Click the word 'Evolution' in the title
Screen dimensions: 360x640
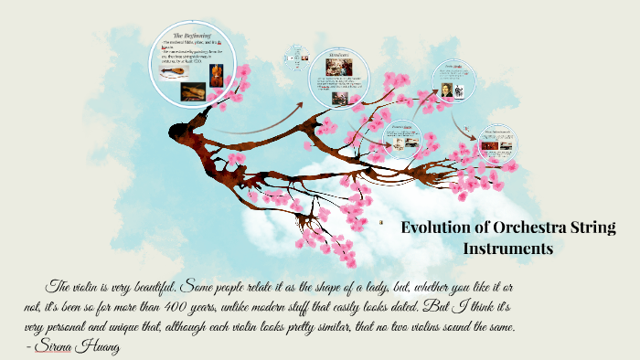pyautogui.click(x=437, y=228)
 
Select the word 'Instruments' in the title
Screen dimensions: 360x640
pyautogui.click(x=508, y=248)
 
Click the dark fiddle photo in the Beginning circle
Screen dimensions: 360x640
pyautogui.click(x=193, y=91)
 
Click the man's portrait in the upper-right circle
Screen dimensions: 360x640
pyautogui.click(x=447, y=90)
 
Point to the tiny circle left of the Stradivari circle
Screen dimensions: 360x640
pyautogui.click(x=295, y=52)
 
